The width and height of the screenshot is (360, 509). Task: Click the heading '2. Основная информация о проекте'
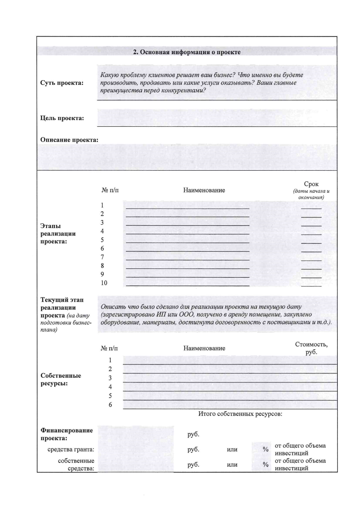pyautogui.click(x=187, y=52)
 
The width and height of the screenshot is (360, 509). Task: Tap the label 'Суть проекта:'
pyautogui.click(x=62, y=83)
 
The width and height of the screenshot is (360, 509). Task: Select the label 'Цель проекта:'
pyautogui.click(x=62, y=118)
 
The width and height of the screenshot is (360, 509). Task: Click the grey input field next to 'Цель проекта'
pyautogui.click(x=217, y=118)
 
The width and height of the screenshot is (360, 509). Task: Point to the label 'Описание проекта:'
pyautogui.click(x=69, y=140)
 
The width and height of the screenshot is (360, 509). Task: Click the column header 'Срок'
pyautogui.click(x=311, y=184)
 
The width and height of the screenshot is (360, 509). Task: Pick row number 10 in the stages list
pyautogui.click(x=104, y=283)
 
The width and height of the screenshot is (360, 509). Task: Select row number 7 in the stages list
pyautogui.click(x=102, y=257)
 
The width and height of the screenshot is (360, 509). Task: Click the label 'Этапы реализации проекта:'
pyautogui.click(x=58, y=234)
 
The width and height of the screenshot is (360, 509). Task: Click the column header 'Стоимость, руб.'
pyautogui.click(x=311, y=348)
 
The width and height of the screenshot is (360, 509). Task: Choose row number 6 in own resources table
pyautogui.click(x=110, y=405)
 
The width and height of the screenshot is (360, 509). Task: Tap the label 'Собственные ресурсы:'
pyautogui.click(x=61, y=379)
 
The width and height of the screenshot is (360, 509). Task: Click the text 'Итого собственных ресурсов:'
pyautogui.click(x=240, y=414)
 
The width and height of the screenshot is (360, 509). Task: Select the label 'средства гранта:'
pyautogui.click(x=71, y=449)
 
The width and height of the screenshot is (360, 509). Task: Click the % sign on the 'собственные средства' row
pyautogui.click(x=265, y=465)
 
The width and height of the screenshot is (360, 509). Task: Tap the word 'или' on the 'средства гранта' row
pyautogui.click(x=232, y=450)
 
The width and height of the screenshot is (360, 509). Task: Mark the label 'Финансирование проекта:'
pyautogui.click(x=67, y=434)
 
